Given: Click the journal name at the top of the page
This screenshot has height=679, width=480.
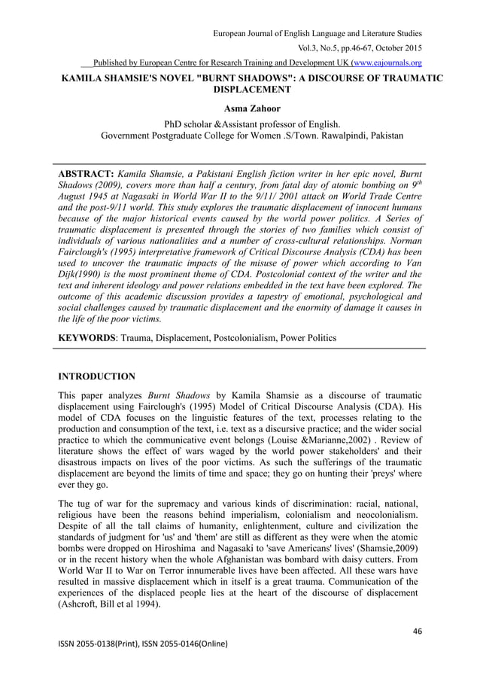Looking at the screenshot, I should click(317, 34).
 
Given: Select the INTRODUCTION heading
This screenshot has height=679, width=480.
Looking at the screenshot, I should click(97, 375).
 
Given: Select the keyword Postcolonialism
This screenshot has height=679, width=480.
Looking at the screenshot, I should click(250, 338).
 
